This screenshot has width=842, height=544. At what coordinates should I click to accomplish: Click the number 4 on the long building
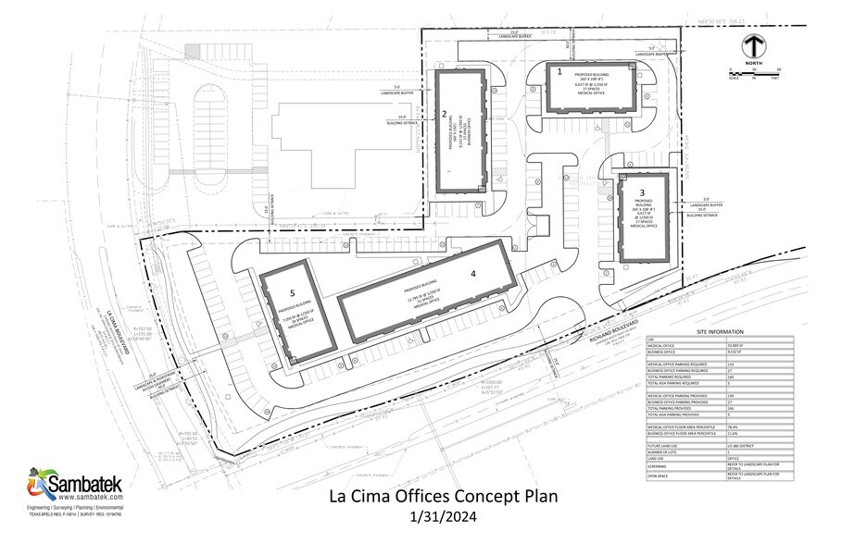472,273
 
